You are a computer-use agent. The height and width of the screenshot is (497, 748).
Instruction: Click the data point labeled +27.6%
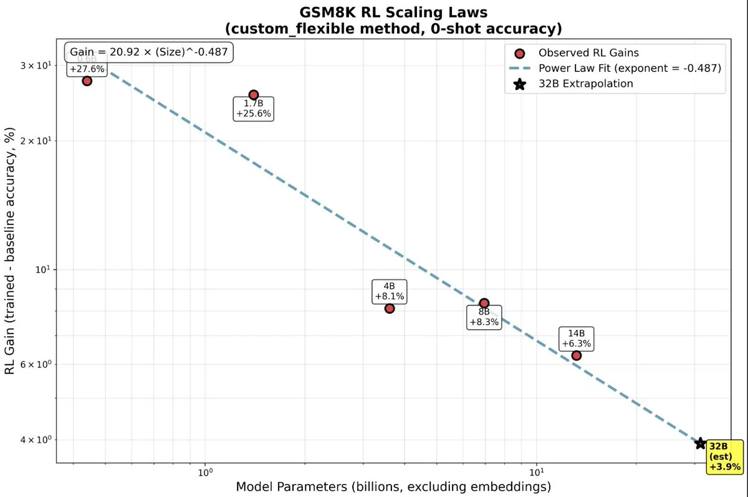[x=87, y=80]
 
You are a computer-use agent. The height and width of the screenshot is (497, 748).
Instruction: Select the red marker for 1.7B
[x=253, y=95]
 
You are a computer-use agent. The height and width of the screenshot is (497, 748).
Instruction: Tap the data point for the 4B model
[x=390, y=308]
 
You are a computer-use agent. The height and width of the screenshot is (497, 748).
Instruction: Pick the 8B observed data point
[x=484, y=303]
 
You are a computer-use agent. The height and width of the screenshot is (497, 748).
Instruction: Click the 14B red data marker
[x=576, y=355]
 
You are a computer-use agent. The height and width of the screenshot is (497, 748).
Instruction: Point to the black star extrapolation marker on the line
[x=701, y=443]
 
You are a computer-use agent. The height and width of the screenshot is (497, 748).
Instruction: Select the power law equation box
[x=149, y=52]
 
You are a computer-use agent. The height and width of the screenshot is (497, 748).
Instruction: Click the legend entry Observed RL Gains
[x=579, y=52]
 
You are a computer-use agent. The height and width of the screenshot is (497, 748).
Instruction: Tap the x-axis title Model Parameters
[x=393, y=486]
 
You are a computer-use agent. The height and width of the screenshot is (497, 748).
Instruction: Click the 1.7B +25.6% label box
[x=254, y=109]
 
